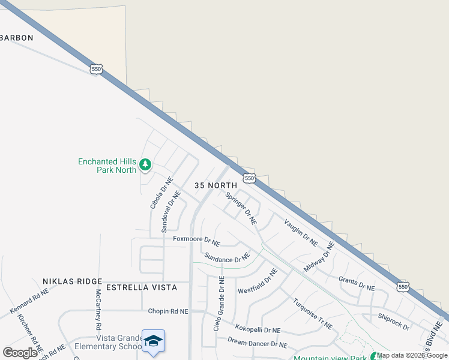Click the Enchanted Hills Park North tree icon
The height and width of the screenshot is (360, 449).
click(x=145, y=164)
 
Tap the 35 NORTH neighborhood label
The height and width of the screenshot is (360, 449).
click(x=216, y=186)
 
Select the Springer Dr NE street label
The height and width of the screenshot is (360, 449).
click(x=241, y=209)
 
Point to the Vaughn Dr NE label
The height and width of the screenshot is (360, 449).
click(x=301, y=232)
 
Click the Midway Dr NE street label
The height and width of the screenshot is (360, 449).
click(x=319, y=257)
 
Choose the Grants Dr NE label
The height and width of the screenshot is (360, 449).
click(x=357, y=283)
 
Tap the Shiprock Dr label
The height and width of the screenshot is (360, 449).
click(x=393, y=322)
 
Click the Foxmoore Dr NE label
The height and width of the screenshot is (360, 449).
click(x=196, y=241)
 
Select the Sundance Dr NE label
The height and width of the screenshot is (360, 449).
click(x=226, y=259)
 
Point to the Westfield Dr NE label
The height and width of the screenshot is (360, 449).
click(x=258, y=281)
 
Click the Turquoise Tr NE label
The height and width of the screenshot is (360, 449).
click(x=312, y=314)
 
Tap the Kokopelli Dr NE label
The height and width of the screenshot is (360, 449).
click(x=258, y=330)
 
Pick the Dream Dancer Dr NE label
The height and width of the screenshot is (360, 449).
click(x=258, y=343)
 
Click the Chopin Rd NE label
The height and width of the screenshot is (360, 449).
click(x=168, y=311)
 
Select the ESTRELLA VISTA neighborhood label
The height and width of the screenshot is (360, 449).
click(x=142, y=287)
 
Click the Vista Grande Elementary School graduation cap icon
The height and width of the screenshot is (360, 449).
click(x=153, y=341)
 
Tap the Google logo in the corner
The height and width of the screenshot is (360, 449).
click(x=20, y=353)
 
